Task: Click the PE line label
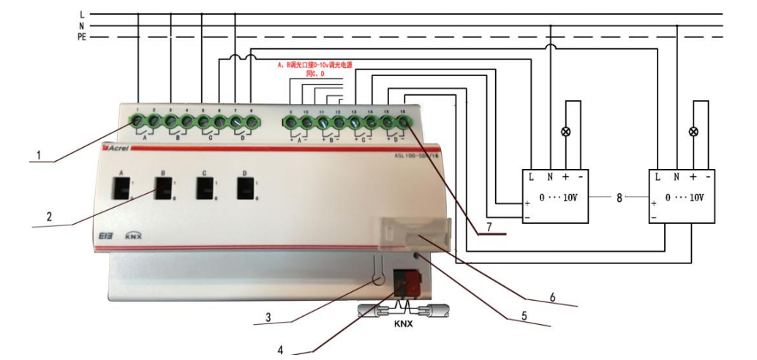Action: coord(82,37)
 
